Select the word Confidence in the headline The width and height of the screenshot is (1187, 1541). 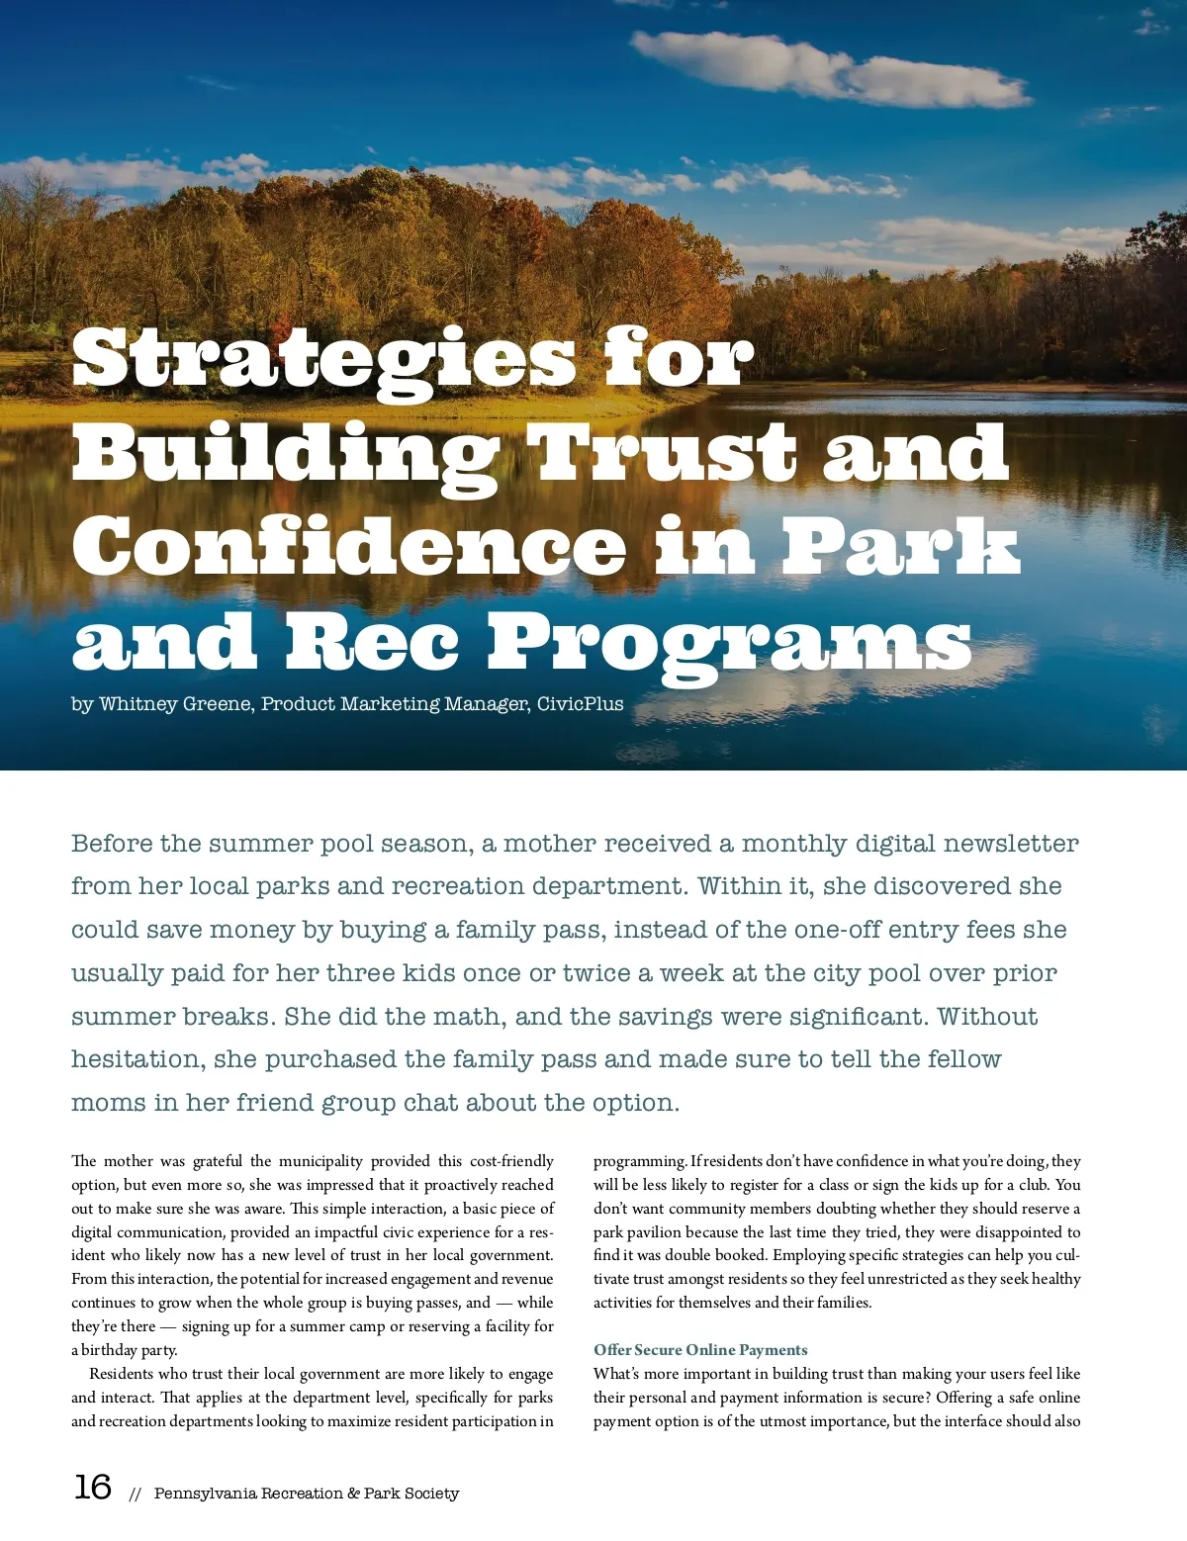[x=348, y=547]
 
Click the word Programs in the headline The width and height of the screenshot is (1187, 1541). [x=729, y=643]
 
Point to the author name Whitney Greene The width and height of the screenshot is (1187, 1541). [x=175, y=704]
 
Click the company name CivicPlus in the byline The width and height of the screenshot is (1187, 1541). [x=581, y=704]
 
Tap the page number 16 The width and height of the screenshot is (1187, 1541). [x=93, y=1487]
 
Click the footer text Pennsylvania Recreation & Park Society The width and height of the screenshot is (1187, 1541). [x=307, y=1494]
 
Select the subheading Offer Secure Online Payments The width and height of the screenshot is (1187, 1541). [x=700, y=1350]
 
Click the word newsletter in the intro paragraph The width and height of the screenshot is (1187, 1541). [x=1010, y=844]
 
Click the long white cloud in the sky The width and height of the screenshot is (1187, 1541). [x=831, y=69]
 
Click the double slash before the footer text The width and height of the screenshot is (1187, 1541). [x=136, y=1495]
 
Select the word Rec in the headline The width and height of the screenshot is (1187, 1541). [x=373, y=643]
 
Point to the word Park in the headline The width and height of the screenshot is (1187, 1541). [x=900, y=547]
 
